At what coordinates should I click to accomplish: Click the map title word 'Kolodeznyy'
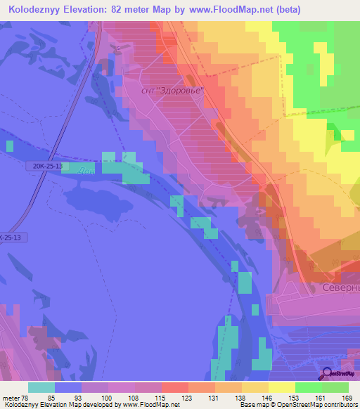click(x=34, y=10)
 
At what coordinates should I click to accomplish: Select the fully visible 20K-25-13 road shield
click(x=47, y=166)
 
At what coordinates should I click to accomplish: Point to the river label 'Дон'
click(x=87, y=171)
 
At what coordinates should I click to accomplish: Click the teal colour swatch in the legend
click(x=41, y=387)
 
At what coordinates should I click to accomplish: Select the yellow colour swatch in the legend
click(x=282, y=387)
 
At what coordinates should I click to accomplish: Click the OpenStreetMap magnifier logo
click(x=326, y=373)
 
